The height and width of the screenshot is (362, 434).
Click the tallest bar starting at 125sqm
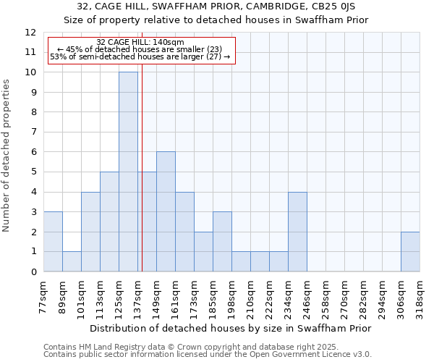tap(128, 172)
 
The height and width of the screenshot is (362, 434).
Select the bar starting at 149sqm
tap(166, 211)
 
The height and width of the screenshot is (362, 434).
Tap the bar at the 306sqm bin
tap(410, 251)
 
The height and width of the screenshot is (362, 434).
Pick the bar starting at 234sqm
tap(297, 232)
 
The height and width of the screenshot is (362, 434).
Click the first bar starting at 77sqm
tap(53, 241)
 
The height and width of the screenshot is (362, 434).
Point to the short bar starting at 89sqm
tap(72, 261)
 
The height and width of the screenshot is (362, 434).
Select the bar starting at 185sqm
tap(222, 241)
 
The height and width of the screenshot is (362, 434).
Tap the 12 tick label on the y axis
tap(30, 33)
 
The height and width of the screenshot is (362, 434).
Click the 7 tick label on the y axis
tap(33, 132)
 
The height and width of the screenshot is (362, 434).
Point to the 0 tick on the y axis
tap(33, 272)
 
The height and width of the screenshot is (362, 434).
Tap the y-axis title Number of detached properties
tap(7, 156)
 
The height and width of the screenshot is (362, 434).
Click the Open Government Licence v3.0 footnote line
tap(208, 355)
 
